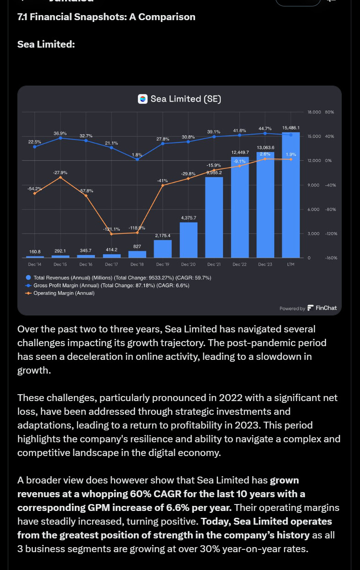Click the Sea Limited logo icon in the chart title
[x=143, y=99]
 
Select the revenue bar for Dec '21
[x=214, y=217]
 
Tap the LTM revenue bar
[x=291, y=197]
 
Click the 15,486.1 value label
[x=291, y=128]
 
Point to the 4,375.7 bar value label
[x=189, y=217]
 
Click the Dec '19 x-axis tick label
[x=163, y=265]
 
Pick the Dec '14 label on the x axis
[x=35, y=265]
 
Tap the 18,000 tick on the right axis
[x=314, y=112]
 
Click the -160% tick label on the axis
[x=331, y=258]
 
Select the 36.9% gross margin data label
[x=60, y=133]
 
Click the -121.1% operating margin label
[x=111, y=229]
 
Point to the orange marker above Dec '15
[x=60, y=177]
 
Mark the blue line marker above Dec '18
[x=137, y=159]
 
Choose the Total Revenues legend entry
[x=119, y=277]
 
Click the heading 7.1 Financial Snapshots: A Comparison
[x=106, y=17]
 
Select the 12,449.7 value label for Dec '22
[x=240, y=152]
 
